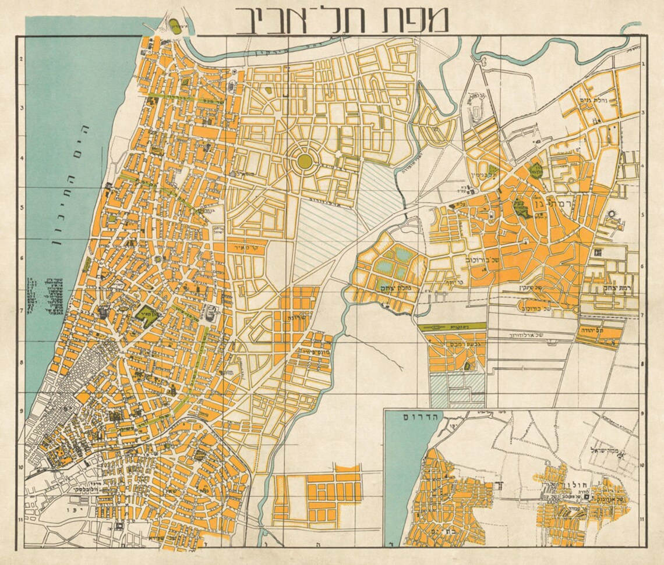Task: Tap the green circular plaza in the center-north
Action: (x=304, y=161)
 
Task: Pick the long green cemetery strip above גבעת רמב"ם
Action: (x=452, y=326)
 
